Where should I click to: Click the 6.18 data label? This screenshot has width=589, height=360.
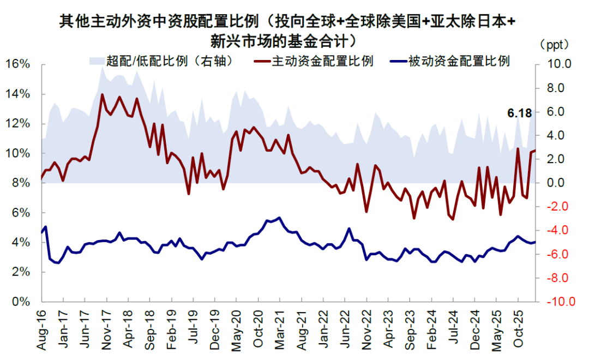click(x=519, y=113)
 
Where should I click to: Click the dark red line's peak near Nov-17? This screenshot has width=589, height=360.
click(x=102, y=95)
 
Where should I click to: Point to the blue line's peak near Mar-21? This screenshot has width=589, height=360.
click(x=280, y=218)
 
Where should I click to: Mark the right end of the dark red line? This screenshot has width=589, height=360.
click(x=536, y=151)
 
